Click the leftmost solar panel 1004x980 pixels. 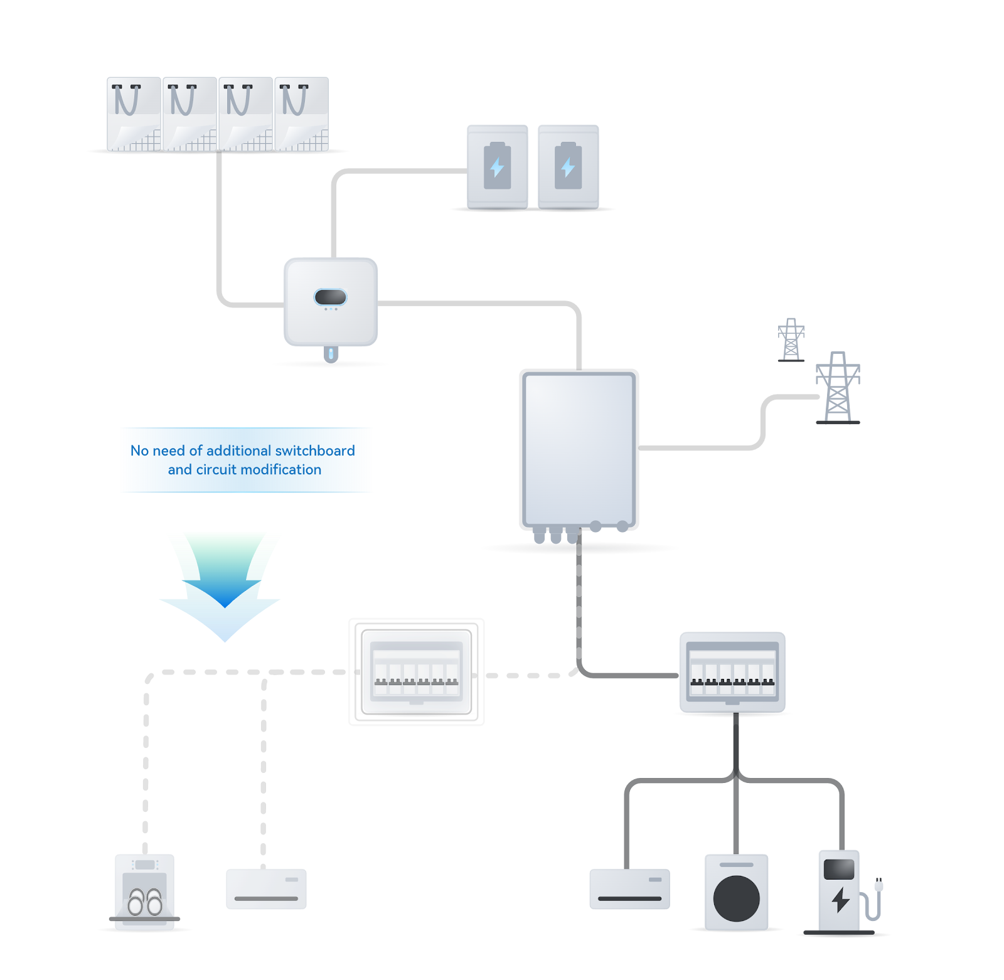(134, 114)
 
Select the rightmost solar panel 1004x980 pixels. (301, 114)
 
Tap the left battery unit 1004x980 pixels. (497, 166)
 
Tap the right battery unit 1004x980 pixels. (568, 166)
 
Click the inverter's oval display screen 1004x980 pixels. (330, 297)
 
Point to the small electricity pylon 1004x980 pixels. (791, 339)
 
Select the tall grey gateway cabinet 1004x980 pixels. (579, 449)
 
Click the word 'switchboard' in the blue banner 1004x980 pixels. (315, 450)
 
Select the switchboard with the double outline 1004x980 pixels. (416, 672)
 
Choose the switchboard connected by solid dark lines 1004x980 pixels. (732, 672)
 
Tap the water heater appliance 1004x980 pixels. (144, 891)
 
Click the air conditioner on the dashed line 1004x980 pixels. (266, 888)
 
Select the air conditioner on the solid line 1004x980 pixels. (629, 888)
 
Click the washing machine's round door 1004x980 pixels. (737, 898)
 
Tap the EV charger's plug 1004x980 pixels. (878, 886)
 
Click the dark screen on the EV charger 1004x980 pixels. (839, 869)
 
